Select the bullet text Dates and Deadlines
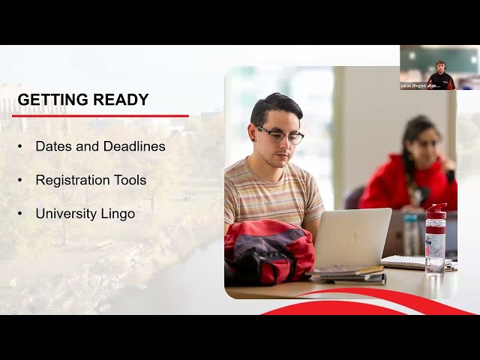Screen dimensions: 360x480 pos(100,146)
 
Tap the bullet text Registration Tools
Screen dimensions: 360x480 pos(91,180)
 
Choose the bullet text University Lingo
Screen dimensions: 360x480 pos(85,214)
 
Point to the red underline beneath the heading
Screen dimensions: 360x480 pos(100,115)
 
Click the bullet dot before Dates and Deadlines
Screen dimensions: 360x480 pos(20,146)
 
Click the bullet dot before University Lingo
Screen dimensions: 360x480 pos(20,214)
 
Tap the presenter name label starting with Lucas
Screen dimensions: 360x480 pos(421,86)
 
